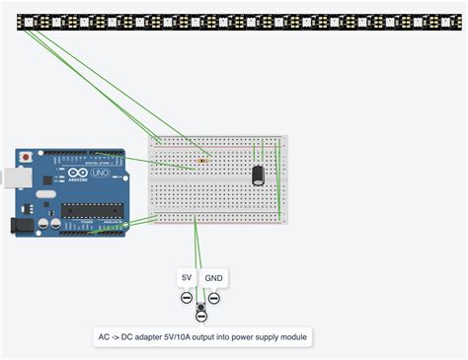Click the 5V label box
(x=187, y=278)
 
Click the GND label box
(x=213, y=278)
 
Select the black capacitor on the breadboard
(x=258, y=176)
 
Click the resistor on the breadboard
(x=203, y=160)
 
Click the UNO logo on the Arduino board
(x=101, y=174)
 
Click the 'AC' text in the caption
(x=104, y=337)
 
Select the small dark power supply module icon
(x=201, y=309)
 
